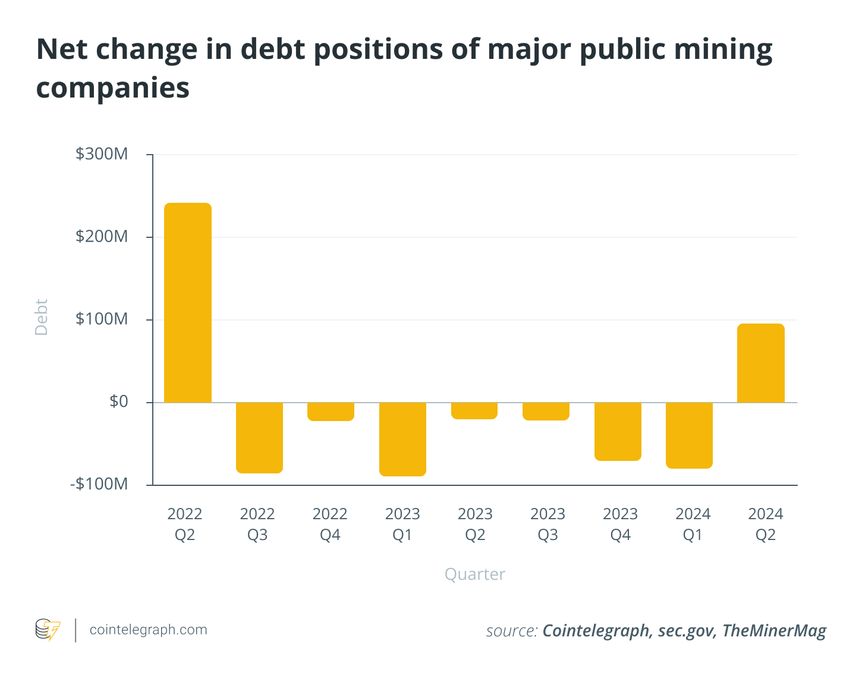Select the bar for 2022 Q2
coord(188,303)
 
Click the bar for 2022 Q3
coord(259,438)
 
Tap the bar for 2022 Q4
coord(331,412)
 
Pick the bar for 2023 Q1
coord(402,439)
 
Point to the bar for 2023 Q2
coord(474,411)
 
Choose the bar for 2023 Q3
coord(546,412)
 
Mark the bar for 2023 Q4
coord(618,431)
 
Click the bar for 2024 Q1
coord(689,435)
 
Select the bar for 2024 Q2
coord(761,363)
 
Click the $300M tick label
coord(102,154)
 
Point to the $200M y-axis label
coord(102,237)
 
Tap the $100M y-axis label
coord(102,319)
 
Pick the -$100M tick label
coord(99,484)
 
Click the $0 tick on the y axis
coord(119,402)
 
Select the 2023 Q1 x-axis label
coord(402,524)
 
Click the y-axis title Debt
coord(41,318)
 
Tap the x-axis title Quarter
coord(475,574)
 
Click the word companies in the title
coord(113,88)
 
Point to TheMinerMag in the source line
coord(774,630)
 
